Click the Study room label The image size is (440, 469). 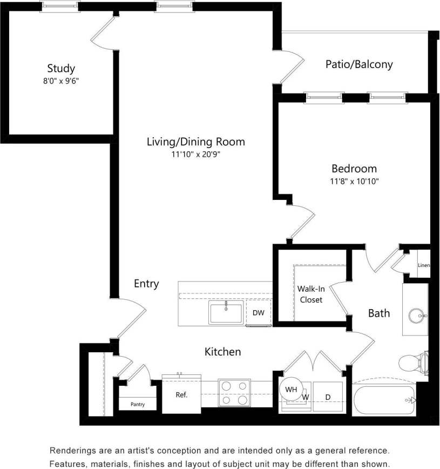[60, 69]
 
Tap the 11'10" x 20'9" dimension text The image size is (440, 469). [195, 155]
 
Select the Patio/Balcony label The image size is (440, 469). [359, 64]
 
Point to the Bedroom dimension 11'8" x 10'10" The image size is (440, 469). [354, 182]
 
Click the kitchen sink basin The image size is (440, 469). [226, 313]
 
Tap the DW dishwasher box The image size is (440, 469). [258, 313]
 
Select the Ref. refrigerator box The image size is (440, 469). [181, 395]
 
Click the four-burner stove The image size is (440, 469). [234, 393]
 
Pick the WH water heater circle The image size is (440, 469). [291, 389]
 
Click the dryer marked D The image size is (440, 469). [328, 397]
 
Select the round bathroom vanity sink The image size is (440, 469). [417, 314]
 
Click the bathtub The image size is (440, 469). [383, 400]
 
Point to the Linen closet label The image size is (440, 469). [424, 265]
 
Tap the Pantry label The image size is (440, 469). [138, 404]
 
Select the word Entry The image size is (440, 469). [146, 284]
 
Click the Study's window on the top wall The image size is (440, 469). [60, 6]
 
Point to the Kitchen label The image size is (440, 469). [222, 352]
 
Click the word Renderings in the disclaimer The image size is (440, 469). [72, 450]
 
